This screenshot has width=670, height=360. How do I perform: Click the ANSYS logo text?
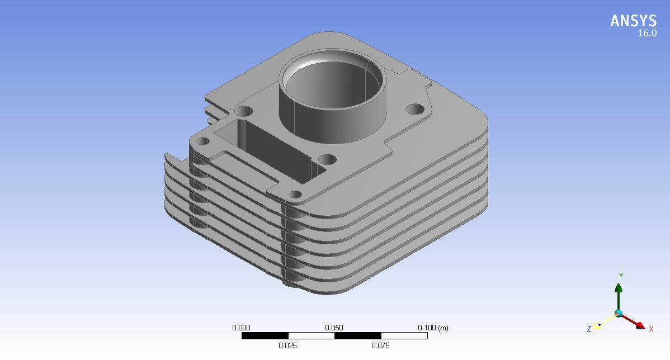pos(633,21)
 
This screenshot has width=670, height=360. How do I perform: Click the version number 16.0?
pos(647,34)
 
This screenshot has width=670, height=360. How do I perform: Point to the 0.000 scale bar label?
pos(241,328)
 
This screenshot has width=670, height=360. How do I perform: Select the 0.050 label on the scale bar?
pos(334,328)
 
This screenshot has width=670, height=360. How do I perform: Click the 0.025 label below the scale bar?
pos(287,345)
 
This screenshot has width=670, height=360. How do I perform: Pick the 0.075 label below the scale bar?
pos(380,345)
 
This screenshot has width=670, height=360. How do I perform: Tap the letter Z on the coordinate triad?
pos(589,329)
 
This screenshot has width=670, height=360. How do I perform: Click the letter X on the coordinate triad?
pos(651,329)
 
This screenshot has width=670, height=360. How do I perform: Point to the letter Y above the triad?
pos(621,276)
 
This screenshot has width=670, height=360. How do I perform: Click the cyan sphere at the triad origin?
pos(619,313)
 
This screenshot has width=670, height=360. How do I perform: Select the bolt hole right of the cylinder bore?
pos(414,108)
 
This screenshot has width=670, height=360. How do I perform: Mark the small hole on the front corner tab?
pos(295,195)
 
